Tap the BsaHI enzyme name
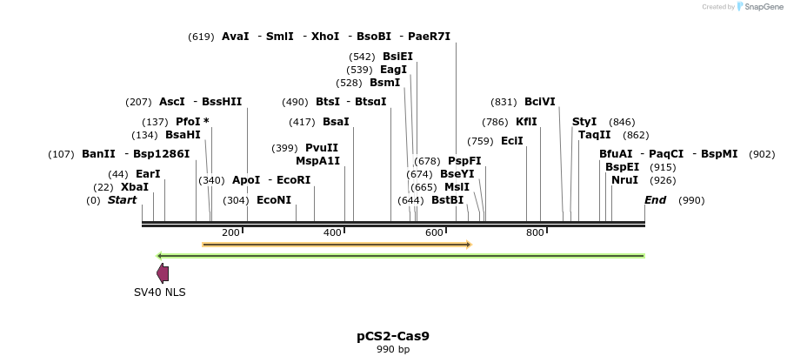(183, 135)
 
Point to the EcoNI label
(274, 200)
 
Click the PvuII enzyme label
(322, 148)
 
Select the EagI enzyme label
(393, 70)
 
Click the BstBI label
(448, 200)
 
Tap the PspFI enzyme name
(464, 161)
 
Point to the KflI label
(526, 122)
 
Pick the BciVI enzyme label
(539, 102)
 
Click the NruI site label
(624, 180)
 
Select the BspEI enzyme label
(623, 167)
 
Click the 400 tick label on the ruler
(333, 232)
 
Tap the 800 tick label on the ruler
(535, 232)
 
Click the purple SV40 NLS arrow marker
(163, 273)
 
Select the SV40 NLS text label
(159, 292)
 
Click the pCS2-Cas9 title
(393, 335)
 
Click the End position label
(655, 200)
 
